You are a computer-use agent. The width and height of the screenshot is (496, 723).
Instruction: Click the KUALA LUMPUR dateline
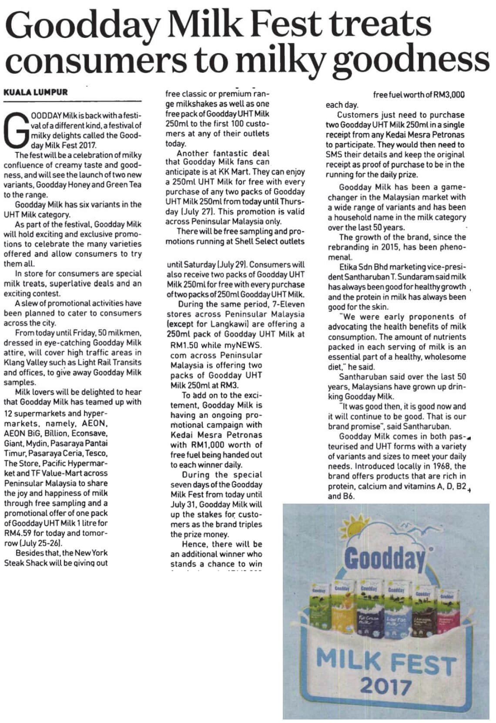click(36, 92)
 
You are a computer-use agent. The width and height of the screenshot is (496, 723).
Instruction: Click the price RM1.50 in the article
click(183, 345)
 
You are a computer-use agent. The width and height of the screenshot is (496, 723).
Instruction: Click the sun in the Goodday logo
click(353, 526)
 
